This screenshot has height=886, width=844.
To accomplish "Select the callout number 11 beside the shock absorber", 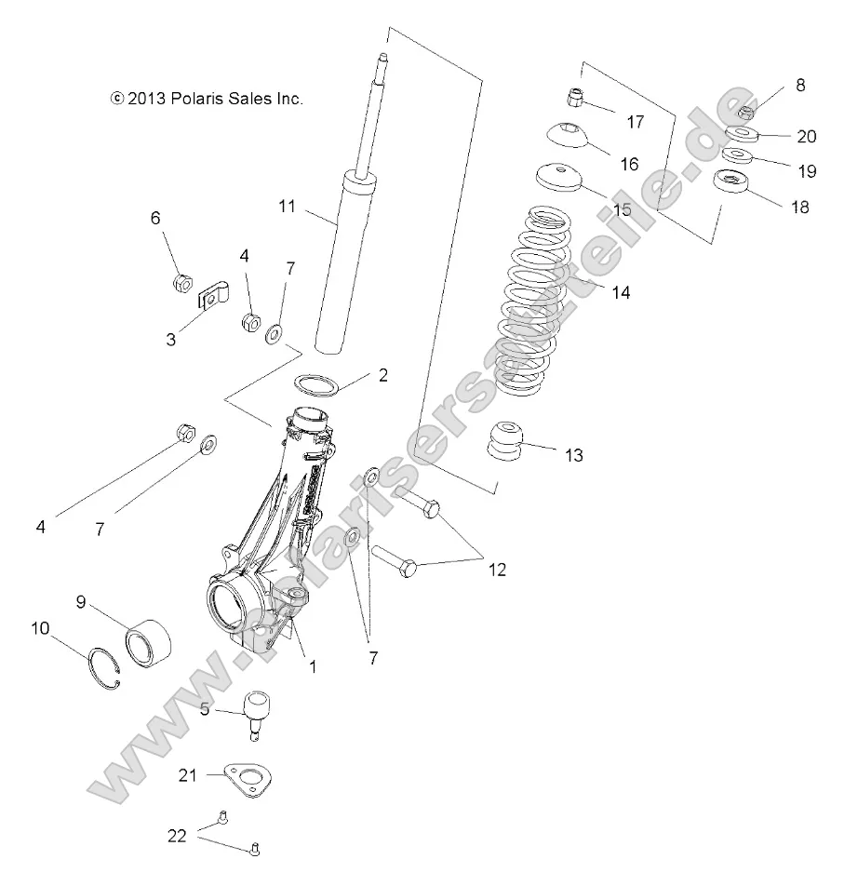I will point(287,206).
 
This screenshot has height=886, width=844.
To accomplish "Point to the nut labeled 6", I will point(182,282).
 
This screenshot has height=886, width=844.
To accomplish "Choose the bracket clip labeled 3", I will point(214,297).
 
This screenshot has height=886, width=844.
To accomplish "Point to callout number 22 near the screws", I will point(177,835).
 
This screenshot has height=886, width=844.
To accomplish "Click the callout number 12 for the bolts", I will point(497,569).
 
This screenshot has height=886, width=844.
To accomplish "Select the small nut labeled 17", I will point(576,97).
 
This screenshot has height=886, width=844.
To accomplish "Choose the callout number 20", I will point(806,136).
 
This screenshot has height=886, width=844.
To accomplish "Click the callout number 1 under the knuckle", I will point(313,666).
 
